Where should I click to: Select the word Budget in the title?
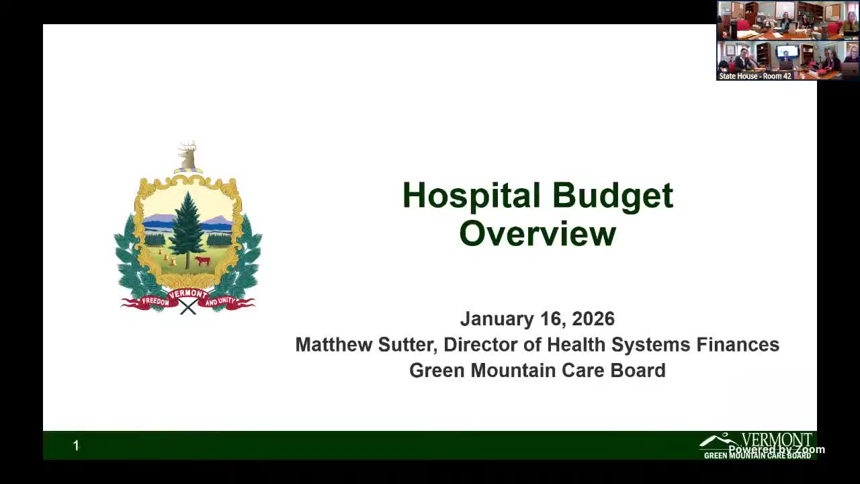pyautogui.click(x=613, y=196)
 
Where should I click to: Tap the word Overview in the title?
pyautogui.click(x=537, y=234)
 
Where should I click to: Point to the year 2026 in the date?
pyautogui.click(x=593, y=319)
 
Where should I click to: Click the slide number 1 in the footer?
pyautogui.click(x=76, y=446)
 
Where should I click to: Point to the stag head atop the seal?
pyautogui.click(x=188, y=157)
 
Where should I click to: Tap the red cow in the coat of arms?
pyautogui.click(x=202, y=260)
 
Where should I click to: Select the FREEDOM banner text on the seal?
pyautogui.click(x=155, y=302)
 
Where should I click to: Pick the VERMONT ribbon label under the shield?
pyautogui.click(x=187, y=294)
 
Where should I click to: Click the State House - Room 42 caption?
pyautogui.click(x=755, y=76)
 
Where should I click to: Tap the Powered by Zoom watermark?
pyautogui.click(x=777, y=450)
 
